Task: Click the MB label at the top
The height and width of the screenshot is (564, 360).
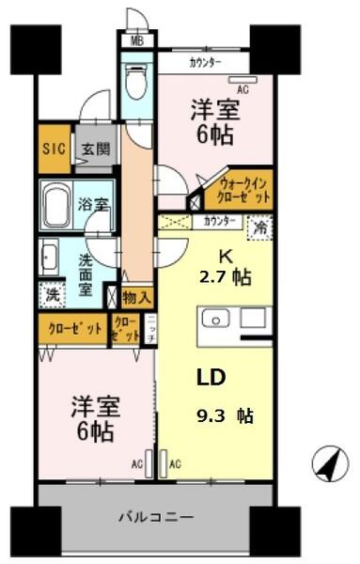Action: (137, 40)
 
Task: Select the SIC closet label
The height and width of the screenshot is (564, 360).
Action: (54, 149)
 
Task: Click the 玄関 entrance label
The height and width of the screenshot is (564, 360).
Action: (92, 149)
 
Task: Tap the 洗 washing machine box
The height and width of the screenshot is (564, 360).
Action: (54, 293)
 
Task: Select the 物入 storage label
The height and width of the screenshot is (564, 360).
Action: (136, 297)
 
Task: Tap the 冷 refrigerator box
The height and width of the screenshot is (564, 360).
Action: (259, 227)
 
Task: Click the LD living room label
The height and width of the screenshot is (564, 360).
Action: (210, 377)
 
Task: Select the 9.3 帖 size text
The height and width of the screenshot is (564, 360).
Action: (226, 415)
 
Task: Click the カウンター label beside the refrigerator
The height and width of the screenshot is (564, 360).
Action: (220, 222)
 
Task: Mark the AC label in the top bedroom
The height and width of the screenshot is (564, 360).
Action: (243, 90)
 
